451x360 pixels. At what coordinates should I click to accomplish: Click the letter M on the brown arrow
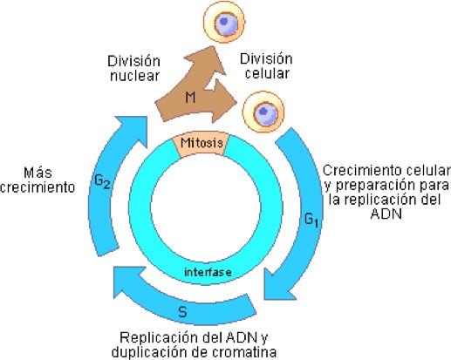click(x=190, y=97)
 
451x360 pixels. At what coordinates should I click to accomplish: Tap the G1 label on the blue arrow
click(x=311, y=220)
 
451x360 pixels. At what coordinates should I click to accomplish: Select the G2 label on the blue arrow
click(x=102, y=181)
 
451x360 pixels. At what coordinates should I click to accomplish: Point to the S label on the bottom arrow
click(x=182, y=312)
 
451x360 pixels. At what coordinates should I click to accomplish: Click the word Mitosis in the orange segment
click(x=202, y=143)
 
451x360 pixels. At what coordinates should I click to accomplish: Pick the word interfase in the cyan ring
click(x=208, y=272)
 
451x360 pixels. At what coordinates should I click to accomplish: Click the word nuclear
click(x=134, y=76)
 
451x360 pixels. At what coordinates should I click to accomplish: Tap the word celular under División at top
click(x=267, y=73)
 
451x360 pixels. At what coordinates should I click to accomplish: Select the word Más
click(x=38, y=173)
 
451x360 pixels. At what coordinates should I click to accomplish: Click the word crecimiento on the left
click(x=38, y=187)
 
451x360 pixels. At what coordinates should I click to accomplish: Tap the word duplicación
click(x=150, y=352)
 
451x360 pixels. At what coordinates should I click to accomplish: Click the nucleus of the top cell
click(x=224, y=21)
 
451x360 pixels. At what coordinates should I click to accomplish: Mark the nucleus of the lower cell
click(x=263, y=111)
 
